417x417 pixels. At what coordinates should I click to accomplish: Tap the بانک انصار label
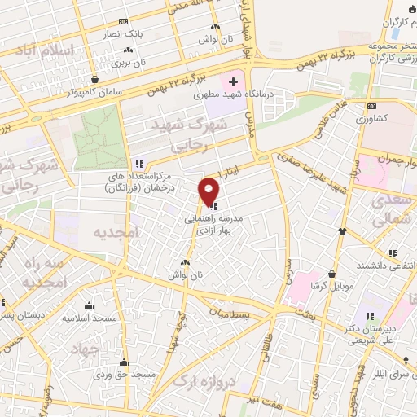tap(121, 34)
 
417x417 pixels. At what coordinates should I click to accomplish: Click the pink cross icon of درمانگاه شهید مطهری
tap(234, 81)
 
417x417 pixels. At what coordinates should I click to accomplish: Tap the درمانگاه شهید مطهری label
tap(233, 95)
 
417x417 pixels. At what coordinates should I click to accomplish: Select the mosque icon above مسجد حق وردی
tap(124, 362)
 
